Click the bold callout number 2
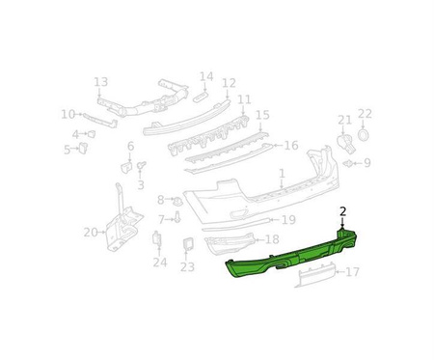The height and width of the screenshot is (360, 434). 343,211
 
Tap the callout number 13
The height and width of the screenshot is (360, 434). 100,82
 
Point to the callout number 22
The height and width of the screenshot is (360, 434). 365,114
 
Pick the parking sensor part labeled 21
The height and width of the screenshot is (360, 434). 345,144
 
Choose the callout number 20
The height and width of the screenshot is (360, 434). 91,232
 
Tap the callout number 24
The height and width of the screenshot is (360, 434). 160,263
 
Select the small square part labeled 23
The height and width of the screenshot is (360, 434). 188,243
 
